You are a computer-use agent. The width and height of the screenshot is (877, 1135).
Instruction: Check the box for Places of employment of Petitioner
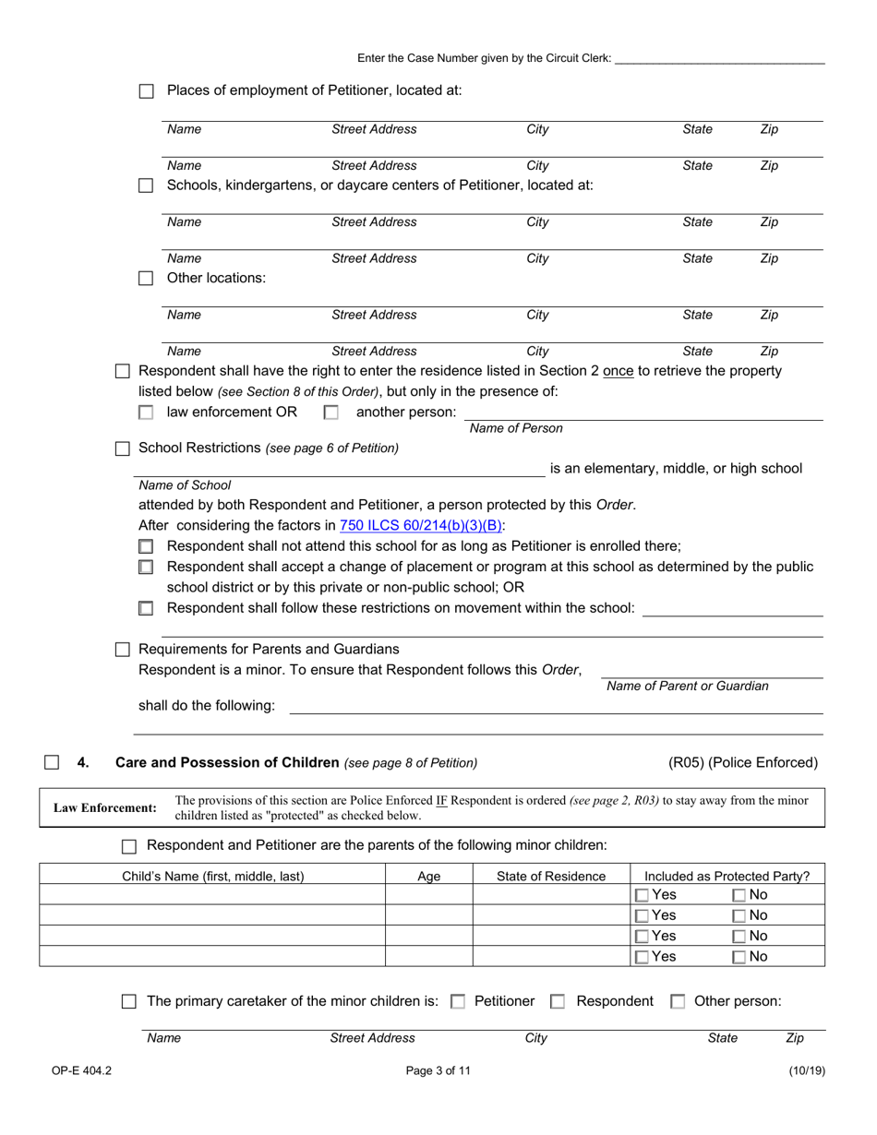[146, 91]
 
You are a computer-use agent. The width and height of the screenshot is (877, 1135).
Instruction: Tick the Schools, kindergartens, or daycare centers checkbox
[146, 185]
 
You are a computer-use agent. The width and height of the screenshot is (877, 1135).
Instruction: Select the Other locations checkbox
[146, 279]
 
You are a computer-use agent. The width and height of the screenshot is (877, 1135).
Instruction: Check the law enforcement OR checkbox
[146, 413]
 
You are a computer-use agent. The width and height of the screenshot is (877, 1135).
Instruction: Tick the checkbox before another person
[330, 413]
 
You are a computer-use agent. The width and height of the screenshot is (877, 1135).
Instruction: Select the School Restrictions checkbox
[123, 448]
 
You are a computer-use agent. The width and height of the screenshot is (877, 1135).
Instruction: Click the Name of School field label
[185, 484]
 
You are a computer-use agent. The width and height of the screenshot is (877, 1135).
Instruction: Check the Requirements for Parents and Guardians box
[123, 650]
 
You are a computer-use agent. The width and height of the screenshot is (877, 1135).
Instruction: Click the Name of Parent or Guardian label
[687, 686]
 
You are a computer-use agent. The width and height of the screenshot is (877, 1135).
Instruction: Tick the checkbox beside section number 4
[52, 762]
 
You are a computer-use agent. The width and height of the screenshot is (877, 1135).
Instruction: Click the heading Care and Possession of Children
[226, 762]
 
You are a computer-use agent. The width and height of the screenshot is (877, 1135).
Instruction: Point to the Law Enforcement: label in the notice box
[105, 808]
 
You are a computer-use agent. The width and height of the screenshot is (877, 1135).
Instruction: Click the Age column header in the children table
[429, 877]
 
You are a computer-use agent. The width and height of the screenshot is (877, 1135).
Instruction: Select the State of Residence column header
[551, 877]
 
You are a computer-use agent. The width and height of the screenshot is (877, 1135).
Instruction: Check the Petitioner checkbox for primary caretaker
[458, 1001]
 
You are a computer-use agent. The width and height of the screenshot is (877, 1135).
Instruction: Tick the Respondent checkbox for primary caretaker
[558, 1001]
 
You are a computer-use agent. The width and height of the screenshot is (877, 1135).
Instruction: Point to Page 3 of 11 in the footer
[438, 1070]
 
